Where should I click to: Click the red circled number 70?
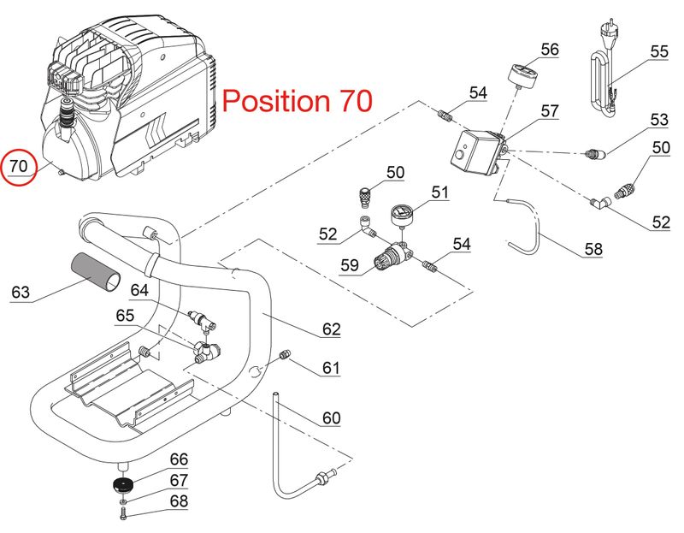coord(19,166)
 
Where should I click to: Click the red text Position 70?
coord(297,100)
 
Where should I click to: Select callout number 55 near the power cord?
coord(658,51)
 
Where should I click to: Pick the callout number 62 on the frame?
coord(331,329)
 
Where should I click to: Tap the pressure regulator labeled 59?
coord(392,258)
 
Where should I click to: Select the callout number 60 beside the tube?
coord(331,418)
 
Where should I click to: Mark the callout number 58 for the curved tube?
coord(593,249)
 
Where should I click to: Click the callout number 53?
coord(658,120)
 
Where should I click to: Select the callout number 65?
coord(125,315)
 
